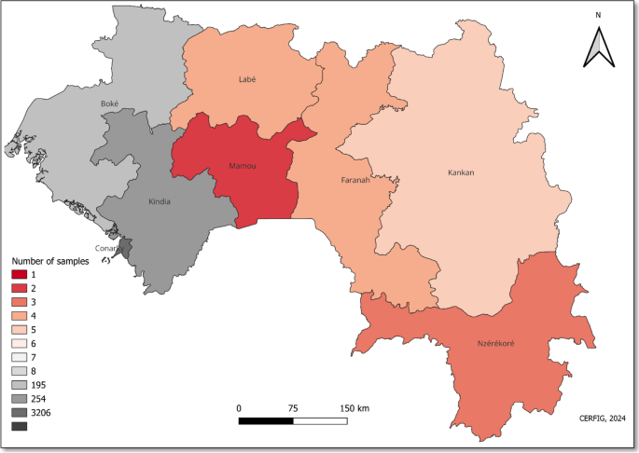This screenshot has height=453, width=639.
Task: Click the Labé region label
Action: tap(247, 80)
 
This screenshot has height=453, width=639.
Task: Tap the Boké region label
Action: tap(110, 104)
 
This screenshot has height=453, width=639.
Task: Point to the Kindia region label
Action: tap(160, 201)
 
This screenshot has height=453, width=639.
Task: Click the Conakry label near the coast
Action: tap(110, 248)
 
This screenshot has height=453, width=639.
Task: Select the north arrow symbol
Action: tap(598, 47)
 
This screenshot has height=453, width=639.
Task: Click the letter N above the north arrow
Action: tap(598, 15)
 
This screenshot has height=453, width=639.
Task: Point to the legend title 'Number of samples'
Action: tap(49, 262)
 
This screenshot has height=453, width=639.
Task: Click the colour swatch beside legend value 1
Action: tap(20, 274)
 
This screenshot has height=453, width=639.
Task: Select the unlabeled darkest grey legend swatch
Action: tap(20, 426)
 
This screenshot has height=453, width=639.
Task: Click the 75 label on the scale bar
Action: tap(294, 408)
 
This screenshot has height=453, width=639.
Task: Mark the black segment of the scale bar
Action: tap(266, 421)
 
